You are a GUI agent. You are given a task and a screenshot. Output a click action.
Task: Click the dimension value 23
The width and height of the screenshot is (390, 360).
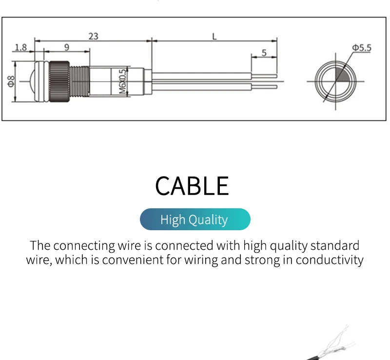click(93, 36)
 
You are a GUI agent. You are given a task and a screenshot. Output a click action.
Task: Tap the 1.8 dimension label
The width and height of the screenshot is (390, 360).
click(20, 47)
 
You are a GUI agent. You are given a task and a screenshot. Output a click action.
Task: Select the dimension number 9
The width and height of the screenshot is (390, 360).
click(66, 47)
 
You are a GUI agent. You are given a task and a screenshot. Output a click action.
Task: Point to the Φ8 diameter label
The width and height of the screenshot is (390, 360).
click(11, 81)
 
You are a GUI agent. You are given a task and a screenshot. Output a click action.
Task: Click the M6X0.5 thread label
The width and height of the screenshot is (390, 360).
click(122, 81)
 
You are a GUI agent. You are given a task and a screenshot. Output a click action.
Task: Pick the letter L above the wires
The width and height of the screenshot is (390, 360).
click(214, 36)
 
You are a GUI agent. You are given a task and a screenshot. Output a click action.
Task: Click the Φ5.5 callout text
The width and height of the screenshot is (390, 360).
click(362, 47)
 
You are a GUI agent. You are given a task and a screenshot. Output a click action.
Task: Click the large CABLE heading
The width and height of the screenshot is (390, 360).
click(192, 185)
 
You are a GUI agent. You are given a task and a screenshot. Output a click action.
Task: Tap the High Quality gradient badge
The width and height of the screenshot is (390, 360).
click(195, 220)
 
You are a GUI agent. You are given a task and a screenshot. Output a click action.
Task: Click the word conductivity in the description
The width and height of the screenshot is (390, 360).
click(330, 260)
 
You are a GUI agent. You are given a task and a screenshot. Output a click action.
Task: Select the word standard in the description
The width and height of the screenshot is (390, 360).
click(334, 245)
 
